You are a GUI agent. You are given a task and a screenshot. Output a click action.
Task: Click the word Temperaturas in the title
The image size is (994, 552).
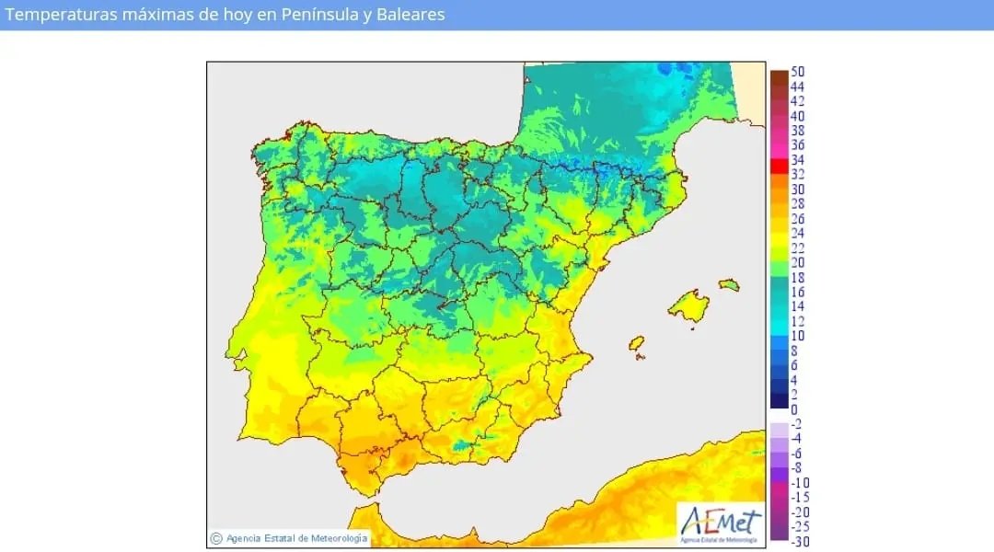[x=63, y=15]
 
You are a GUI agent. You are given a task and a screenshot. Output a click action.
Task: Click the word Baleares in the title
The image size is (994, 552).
[x=410, y=15]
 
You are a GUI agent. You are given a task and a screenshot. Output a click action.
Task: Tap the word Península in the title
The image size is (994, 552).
[x=329, y=15]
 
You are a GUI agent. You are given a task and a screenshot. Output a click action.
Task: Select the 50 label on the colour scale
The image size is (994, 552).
[x=798, y=72]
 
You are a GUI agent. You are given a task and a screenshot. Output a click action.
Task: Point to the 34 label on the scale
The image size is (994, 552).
[x=798, y=160]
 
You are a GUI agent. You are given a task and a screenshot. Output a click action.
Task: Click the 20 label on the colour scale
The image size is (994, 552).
[x=798, y=262]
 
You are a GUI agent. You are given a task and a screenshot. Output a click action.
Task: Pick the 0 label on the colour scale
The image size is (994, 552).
[x=794, y=409]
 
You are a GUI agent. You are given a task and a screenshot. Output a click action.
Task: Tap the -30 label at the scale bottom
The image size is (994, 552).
[x=800, y=541]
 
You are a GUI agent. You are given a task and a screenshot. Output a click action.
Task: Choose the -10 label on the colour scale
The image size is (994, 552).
[x=800, y=482]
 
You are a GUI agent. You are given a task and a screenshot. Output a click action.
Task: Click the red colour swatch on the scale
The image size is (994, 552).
[x=779, y=167]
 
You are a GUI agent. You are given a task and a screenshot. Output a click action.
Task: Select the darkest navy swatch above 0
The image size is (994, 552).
[x=779, y=401]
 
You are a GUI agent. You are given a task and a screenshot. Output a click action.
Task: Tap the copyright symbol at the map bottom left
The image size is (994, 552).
[x=216, y=538]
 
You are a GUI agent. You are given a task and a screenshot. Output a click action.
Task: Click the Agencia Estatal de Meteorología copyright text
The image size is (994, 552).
[x=296, y=538]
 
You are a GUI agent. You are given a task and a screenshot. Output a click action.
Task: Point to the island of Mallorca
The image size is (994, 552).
[x=688, y=305]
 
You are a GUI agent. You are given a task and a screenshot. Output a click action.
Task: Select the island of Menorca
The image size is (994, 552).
[x=729, y=283]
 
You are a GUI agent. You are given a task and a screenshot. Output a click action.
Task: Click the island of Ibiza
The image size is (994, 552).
[x=635, y=343]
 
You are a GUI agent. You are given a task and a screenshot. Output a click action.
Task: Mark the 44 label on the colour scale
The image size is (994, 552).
[x=798, y=86]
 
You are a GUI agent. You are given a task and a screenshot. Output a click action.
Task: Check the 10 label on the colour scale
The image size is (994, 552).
[x=798, y=336]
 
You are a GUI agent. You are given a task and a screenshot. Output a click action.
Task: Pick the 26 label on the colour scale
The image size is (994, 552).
[x=798, y=218]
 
